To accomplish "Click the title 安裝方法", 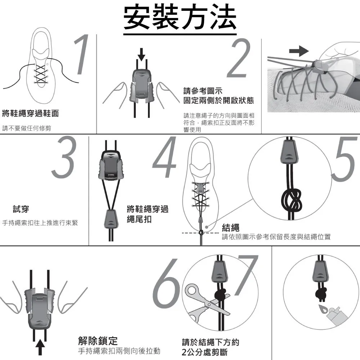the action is (180, 17).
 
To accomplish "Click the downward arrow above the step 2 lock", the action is (141, 54).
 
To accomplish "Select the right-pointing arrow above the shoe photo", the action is (299, 51).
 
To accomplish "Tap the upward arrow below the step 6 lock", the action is (40, 347).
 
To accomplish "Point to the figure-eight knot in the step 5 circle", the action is (291, 200).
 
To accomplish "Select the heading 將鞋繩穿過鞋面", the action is (31, 113).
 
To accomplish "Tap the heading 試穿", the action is (21, 209).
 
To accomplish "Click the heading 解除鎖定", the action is (98, 341).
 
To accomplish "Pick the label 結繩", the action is (230, 228).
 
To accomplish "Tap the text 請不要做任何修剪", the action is (27, 128).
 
